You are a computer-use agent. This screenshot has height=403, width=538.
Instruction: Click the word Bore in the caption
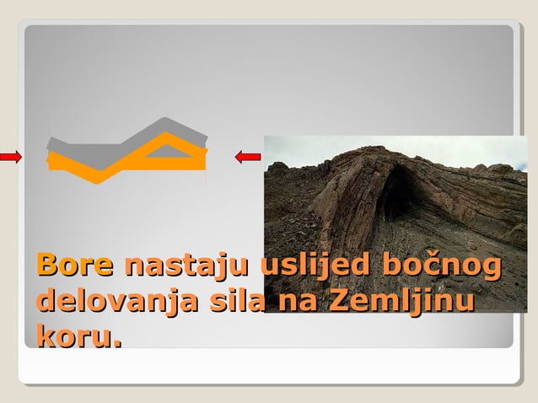coord(74,266)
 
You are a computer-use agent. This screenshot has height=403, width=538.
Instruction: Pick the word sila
coord(229,301)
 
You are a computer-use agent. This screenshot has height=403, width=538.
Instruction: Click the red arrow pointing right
coord(10,156)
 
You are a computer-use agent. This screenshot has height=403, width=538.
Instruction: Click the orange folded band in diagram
coord(126,163)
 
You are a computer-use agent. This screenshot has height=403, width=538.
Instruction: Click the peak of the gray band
coord(166,122)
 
